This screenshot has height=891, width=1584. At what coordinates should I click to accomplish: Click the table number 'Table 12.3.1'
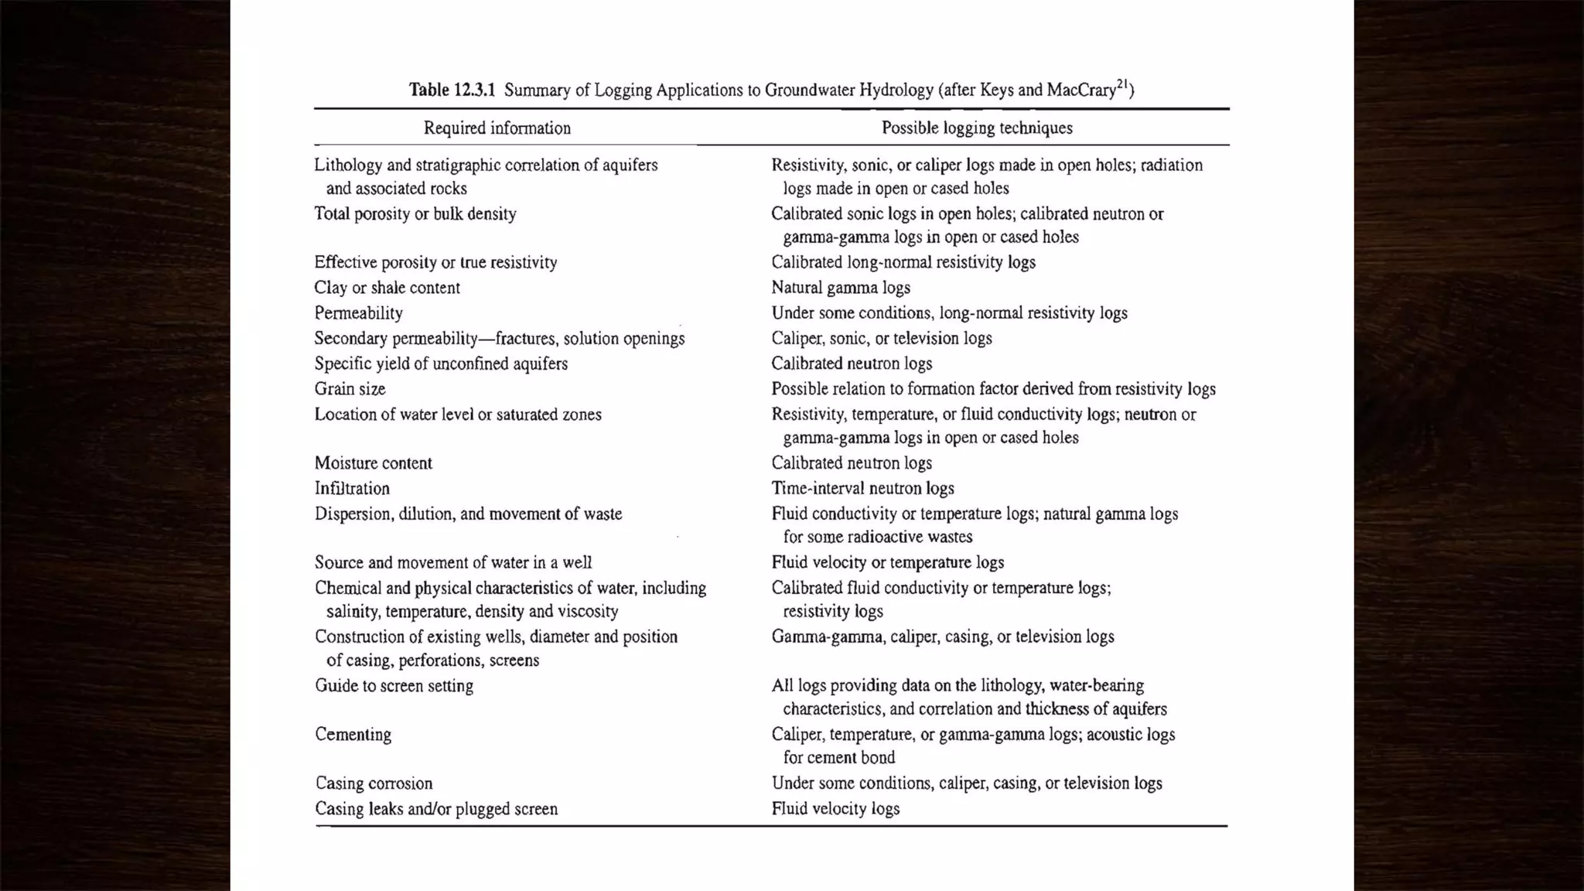coord(452,90)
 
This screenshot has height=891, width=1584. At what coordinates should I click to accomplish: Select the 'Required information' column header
coord(497,128)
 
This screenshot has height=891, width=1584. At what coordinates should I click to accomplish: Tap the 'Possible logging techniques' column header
coord(977,128)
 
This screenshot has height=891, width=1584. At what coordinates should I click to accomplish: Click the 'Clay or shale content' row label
coord(387,288)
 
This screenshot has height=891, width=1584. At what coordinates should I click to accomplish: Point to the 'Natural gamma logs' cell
coord(840,288)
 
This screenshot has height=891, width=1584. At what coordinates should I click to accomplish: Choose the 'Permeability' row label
coord(358,313)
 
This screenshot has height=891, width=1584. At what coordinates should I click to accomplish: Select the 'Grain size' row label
coord(350,389)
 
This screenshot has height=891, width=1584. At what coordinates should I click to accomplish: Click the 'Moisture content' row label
coord(373,463)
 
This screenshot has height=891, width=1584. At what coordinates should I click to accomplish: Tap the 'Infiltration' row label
coord(352,489)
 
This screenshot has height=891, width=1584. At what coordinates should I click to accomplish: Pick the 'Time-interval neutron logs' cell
coord(862,489)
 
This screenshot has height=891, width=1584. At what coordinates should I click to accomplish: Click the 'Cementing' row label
coord(353,735)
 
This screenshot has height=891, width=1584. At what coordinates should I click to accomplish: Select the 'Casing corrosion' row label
coord(374,783)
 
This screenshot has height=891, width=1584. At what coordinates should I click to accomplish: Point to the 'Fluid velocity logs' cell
coord(835,809)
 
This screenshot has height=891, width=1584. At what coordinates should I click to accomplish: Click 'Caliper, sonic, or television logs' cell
coord(881,339)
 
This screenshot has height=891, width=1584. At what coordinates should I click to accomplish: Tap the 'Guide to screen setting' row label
coord(394,686)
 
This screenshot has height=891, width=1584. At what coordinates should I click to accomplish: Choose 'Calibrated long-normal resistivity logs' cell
coord(903,262)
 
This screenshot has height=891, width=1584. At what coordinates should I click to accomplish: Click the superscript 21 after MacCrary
coord(1123,84)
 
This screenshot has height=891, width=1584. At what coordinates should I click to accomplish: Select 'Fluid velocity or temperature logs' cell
coord(887,563)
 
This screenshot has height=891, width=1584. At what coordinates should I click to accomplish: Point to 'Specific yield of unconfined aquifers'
coord(441,364)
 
